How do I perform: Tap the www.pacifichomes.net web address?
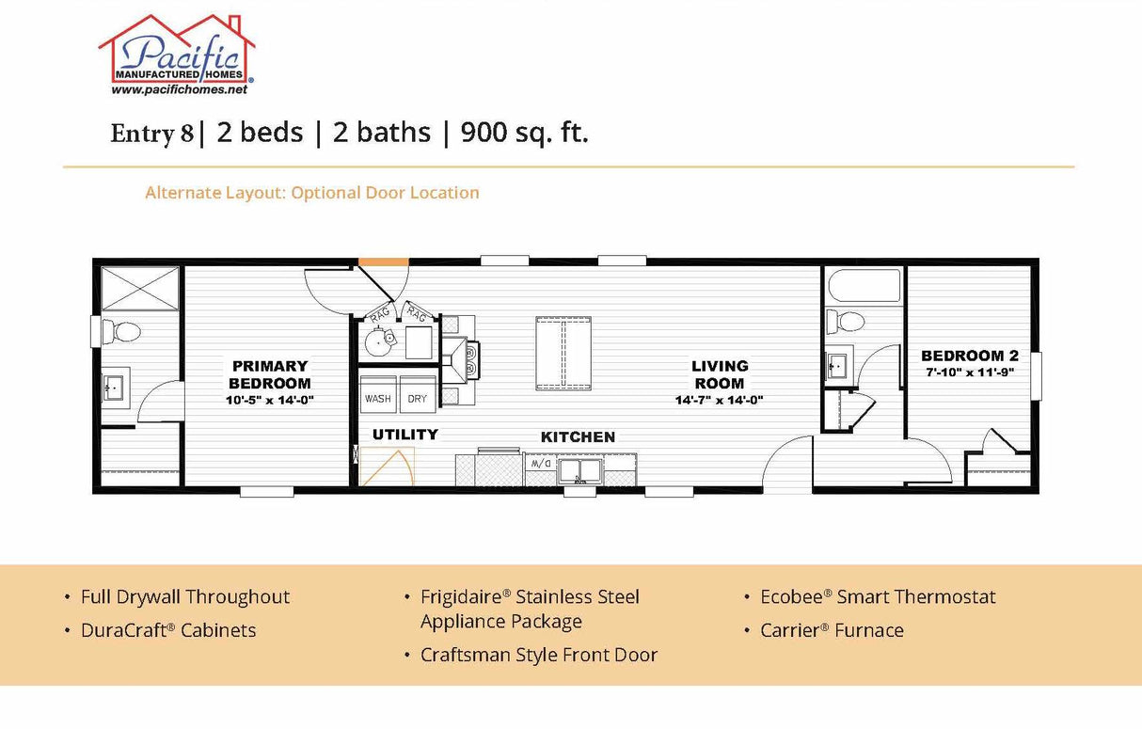pyautogui.click(x=179, y=90)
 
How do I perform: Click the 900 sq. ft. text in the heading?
pyautogui.click(x=524, y=134)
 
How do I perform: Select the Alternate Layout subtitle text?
pyautogui.click(x=311, y=193)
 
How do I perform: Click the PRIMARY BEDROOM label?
pyautogui.click(x=270, y=374)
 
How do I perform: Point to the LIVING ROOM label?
pyautogui.click(x=720, y=374)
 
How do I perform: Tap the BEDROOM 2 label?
pyautogui.click(x=969, y=356)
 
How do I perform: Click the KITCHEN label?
pyautogui.click(x=578, y=437)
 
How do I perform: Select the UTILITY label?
pyautogui.click(x=404, y=435)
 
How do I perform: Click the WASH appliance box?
pyautogui.click(x=378, y=396)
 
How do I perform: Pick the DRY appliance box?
pyautogui.click(x=417, y=396)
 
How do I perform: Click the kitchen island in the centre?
pyautogui.click(x=564, y=353)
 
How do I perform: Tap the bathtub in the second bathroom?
pyautogui.click(x=863, y=286)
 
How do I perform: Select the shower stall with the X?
pyautogui.click(x=139, y=286)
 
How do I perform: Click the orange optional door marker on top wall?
pyautogui.click(x=383, y=261)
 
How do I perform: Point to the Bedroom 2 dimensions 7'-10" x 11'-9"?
pyautogui.click(x=969, y=372)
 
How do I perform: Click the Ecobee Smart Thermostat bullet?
pyautogui.click(x=877, y=597)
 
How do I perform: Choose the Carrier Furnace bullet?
pyautogui.click(x=831, y=631)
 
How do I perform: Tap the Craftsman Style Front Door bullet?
pyautogui.click(x=538, y=656)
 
